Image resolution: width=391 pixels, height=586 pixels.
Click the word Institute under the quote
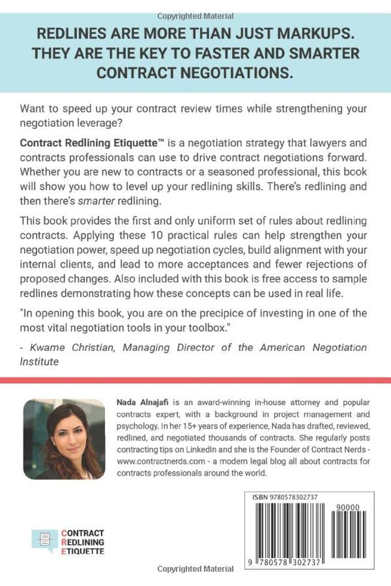[x=41, y=362]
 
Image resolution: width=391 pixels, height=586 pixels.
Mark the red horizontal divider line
[x=195, y=380]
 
